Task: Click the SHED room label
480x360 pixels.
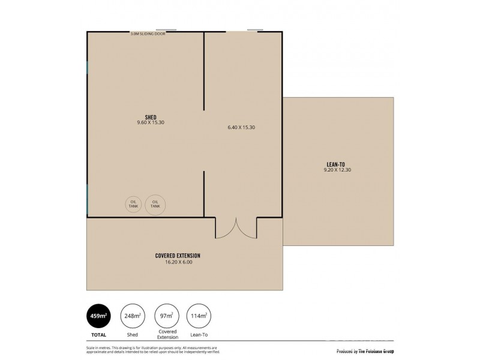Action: point(150,117)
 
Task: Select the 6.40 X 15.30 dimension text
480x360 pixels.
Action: point(242,127)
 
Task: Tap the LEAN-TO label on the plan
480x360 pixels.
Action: point(335,164)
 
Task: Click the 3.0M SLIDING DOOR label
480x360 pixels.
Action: point(148,34)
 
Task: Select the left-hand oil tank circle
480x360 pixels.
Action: point(133,204)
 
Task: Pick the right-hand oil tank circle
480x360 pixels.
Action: point(155,204)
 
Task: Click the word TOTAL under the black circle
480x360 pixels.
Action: point(99,335)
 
